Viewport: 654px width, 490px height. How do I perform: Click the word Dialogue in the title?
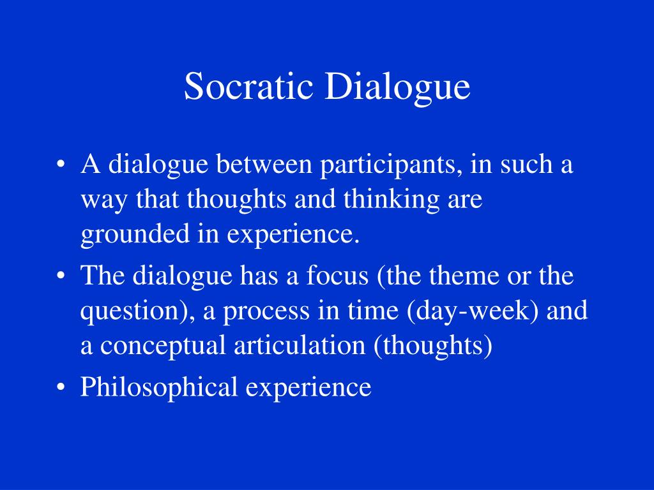point(397,88)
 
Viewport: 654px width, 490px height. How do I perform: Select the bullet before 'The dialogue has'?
point(61,278)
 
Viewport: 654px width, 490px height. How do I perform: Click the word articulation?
point(301,346)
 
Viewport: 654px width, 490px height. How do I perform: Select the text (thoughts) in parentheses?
point(433,347)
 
